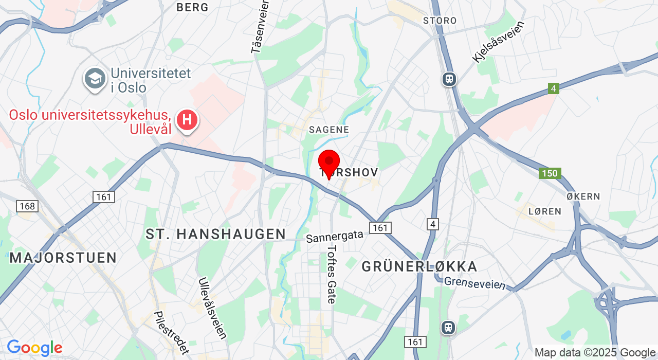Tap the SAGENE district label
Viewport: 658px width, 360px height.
329,130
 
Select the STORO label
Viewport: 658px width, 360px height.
440,21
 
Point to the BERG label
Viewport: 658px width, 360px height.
193,7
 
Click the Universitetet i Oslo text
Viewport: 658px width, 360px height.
151,80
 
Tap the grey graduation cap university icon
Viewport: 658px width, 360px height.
95,79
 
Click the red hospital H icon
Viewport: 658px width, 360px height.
187,120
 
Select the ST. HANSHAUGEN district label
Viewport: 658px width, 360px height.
216,234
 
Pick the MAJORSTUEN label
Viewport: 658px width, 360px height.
63,258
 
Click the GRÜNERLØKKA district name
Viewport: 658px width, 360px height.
419,266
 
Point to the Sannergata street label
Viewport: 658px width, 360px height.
335,237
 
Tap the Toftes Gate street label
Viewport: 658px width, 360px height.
332,274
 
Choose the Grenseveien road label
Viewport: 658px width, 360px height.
475,283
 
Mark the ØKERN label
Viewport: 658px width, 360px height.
583,196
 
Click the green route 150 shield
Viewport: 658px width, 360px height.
550,173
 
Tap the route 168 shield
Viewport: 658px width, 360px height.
27,206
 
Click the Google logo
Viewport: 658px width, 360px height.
34,348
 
